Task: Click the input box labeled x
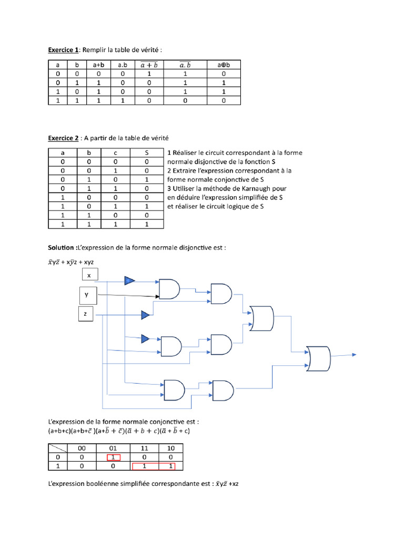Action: point(89,275)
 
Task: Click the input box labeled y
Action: point(87,295)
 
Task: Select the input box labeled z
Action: point(85,315)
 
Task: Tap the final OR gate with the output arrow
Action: point(318,360)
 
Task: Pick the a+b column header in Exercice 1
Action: point(98,65)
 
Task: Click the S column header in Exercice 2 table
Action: point(147,153)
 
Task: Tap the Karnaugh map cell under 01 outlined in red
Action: point(113,457)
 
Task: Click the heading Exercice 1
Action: point(63,49)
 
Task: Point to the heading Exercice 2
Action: point(63,138)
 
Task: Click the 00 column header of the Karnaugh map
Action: point(82,448)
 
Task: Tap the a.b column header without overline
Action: point(123,65)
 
